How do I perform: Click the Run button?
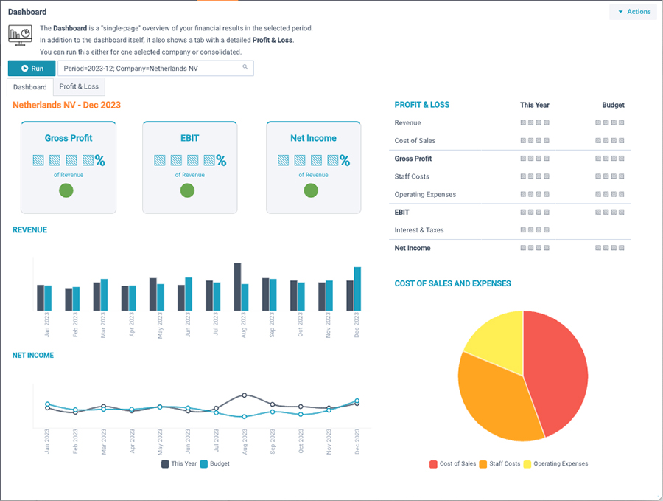pyautogui.click(x=32, y=69)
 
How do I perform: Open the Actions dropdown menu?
pyautogui.click(x=634, y=12)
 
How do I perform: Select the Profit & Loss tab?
pyautogui.click(x=79, y=86)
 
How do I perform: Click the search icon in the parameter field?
pyautogui.click(x=245, y=68)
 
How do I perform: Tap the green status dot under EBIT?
pyautogui.click(x=188, y=191)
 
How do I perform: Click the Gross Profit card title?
pyautogui.click(x=69, y=138)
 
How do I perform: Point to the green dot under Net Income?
pyautogui.click(x=312, y=191)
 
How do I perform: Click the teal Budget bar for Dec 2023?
pyautogui.click(x=357, y=288)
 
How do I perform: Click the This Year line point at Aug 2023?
pyautogui.click(x=245, y=395)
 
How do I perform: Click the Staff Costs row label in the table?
pyautogui.click(x=412, y=177)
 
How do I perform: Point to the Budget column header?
pyautogui.click(x=613, y=106)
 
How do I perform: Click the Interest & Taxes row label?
pyautogui.click(x=419, y=230)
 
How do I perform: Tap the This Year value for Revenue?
pyautogui.click(x=535, y=123)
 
